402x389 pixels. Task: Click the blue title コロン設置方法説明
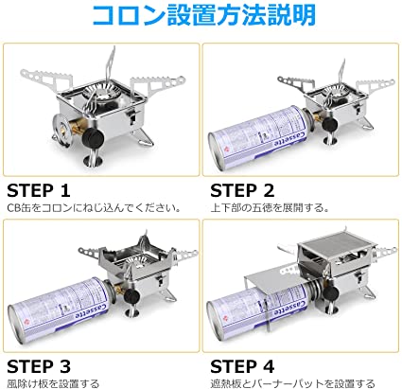pyautogui.click(x=204, y=15)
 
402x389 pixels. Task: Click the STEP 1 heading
pyautogui.click(x=38, y=190)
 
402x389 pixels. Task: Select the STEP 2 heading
pyautogui.click(x=242, y=190)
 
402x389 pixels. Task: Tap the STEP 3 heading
pyautogui.click(x=39, y=366)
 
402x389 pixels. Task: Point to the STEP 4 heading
pyautogui.click(x=242, y=366)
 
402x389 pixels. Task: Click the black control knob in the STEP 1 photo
pyautogui.click(x=93, y=137)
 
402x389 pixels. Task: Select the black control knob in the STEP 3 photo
pyautogui.click(x=132, y=296)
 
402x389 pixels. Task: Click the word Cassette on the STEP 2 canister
pyautogui.click(x=290, y=139)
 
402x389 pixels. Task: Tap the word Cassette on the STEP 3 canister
pyautogui.click(x=93, y=311)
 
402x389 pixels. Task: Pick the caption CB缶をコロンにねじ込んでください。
pyautogui.click(x=94, y=208)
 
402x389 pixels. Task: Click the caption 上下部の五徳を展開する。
pyautogui.click(x=270, y=208)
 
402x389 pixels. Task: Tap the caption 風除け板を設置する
pyautogui.click(x=53, y=383)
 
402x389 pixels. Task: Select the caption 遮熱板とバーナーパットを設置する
pyautogui.click(x=292, y=383)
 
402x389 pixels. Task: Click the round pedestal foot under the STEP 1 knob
pyautogui.click(x=94, y=160)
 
